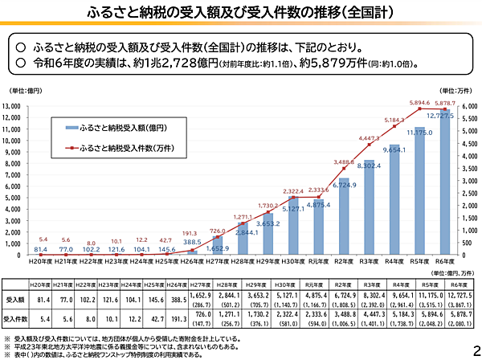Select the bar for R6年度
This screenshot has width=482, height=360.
point(444,185)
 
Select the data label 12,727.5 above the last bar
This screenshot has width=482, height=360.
point(446,117)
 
